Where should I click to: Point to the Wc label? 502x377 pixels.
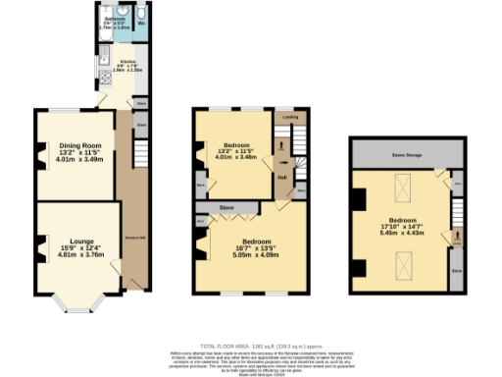coord(142,22)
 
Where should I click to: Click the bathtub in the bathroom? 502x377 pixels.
coord(113,30)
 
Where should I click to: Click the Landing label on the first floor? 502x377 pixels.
coord(290,117)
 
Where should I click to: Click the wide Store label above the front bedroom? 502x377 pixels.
coord(227,208)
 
